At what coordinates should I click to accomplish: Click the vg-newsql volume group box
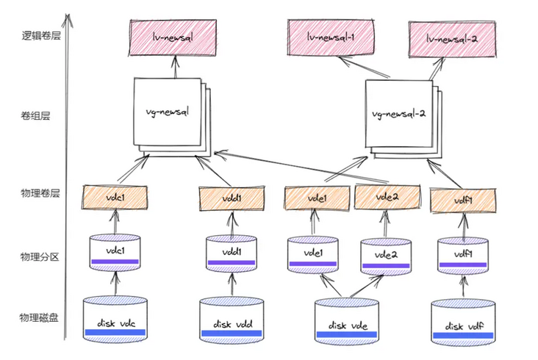pos(169,113)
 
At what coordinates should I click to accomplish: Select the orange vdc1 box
pos(115,197)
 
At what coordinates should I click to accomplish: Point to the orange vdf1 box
pos(462,198)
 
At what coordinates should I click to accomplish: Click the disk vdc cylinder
pos(115,319)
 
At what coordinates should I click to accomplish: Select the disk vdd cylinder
pos(232,320)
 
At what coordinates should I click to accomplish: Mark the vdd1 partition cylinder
pos(232,252)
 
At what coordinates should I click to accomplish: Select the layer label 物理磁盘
pos(38,317)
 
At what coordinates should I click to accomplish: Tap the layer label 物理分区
pos(38,256)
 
